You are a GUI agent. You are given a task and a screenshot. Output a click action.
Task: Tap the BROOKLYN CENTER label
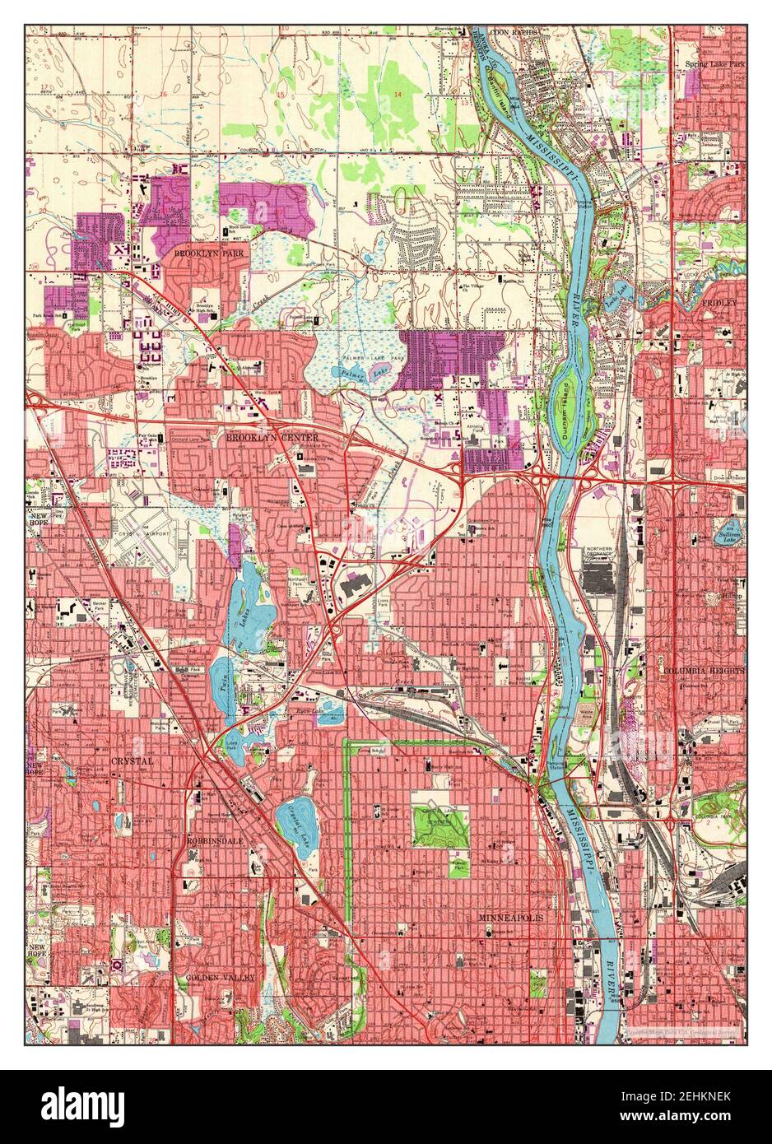pos(266,438)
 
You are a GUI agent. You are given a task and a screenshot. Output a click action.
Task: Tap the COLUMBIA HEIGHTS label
pos(704,670)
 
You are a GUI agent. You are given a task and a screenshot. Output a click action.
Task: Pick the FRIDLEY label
pos(719,303)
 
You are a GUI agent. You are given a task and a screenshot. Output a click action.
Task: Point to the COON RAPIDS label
pos(514,32)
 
